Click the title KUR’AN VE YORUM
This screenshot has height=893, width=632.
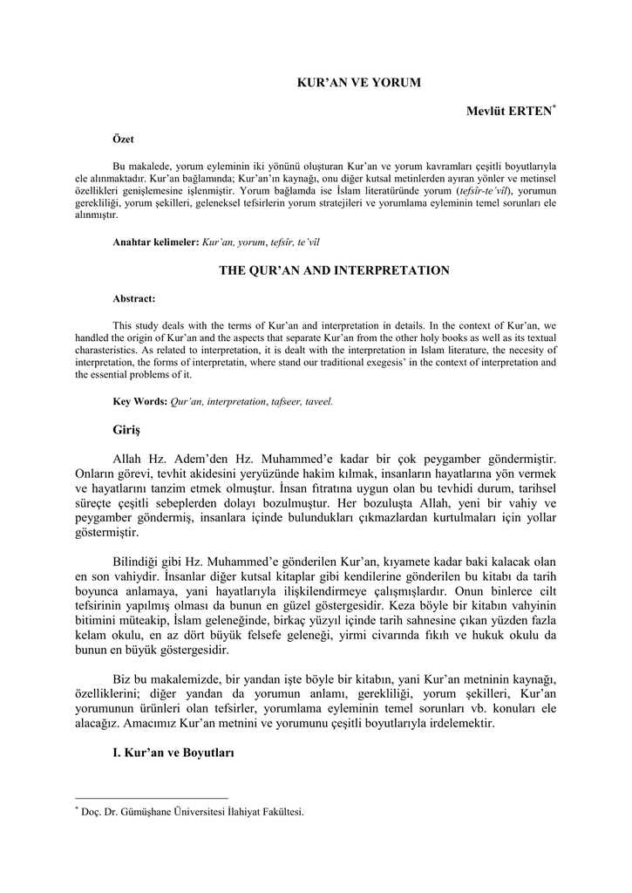[x=359, y=82]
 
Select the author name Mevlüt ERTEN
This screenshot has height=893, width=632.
[x=508, y=112]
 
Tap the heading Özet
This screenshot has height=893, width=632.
[x=124, y=140]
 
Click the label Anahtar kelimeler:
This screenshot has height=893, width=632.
[x=156, y=241]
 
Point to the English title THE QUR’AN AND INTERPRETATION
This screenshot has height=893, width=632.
[x=334, y=270]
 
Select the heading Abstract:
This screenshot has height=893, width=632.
[x=134, y=298]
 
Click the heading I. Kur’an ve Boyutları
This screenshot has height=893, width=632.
[x=174, y=753]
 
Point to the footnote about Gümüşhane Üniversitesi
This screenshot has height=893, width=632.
[x=192, y=812]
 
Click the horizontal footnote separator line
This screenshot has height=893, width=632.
[x=152, y=798]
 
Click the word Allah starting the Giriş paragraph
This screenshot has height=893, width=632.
[x=131, y=459]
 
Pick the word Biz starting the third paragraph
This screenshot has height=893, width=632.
[x=123, y=679]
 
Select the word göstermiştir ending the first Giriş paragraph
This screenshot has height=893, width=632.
[x=107, y=532]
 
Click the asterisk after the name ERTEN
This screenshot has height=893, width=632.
[x=554, y=107]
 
